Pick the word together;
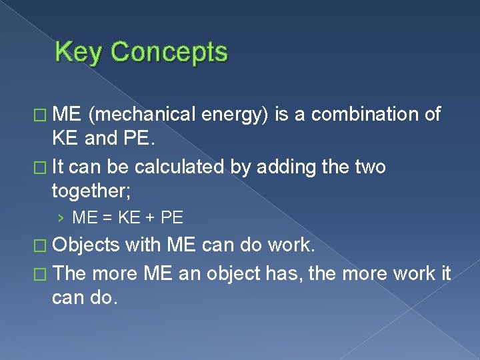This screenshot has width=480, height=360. [x=92, y=193]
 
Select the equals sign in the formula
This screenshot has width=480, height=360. [x=106, y=217]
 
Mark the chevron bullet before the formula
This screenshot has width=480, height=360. [x=61, y=217]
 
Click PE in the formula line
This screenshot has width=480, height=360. [x=172, y=217]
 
